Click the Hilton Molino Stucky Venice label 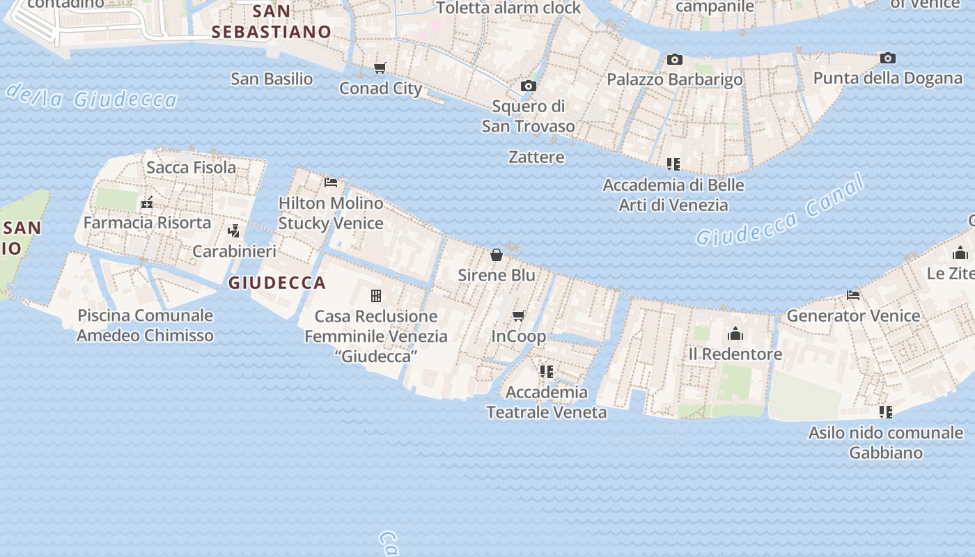[331, 213]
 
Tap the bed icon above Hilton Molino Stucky [331, 182]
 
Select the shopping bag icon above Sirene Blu [497, 255]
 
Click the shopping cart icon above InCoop [519, 316]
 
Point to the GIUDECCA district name [277, 283]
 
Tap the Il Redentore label [735, 354]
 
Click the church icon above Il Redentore [735, 334]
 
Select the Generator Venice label [853, 315]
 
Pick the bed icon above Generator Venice [853, 295]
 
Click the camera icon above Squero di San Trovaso [529, 86]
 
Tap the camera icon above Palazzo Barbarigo [674, 60]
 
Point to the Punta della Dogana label [887, 78]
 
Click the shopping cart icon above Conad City [380, 68]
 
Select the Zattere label [536, 157]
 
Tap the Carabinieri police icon [235, 230]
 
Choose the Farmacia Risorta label [147, 223]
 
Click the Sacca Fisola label [191, 167]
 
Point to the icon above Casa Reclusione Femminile [376, 296]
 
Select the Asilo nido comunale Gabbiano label [886, 442]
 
